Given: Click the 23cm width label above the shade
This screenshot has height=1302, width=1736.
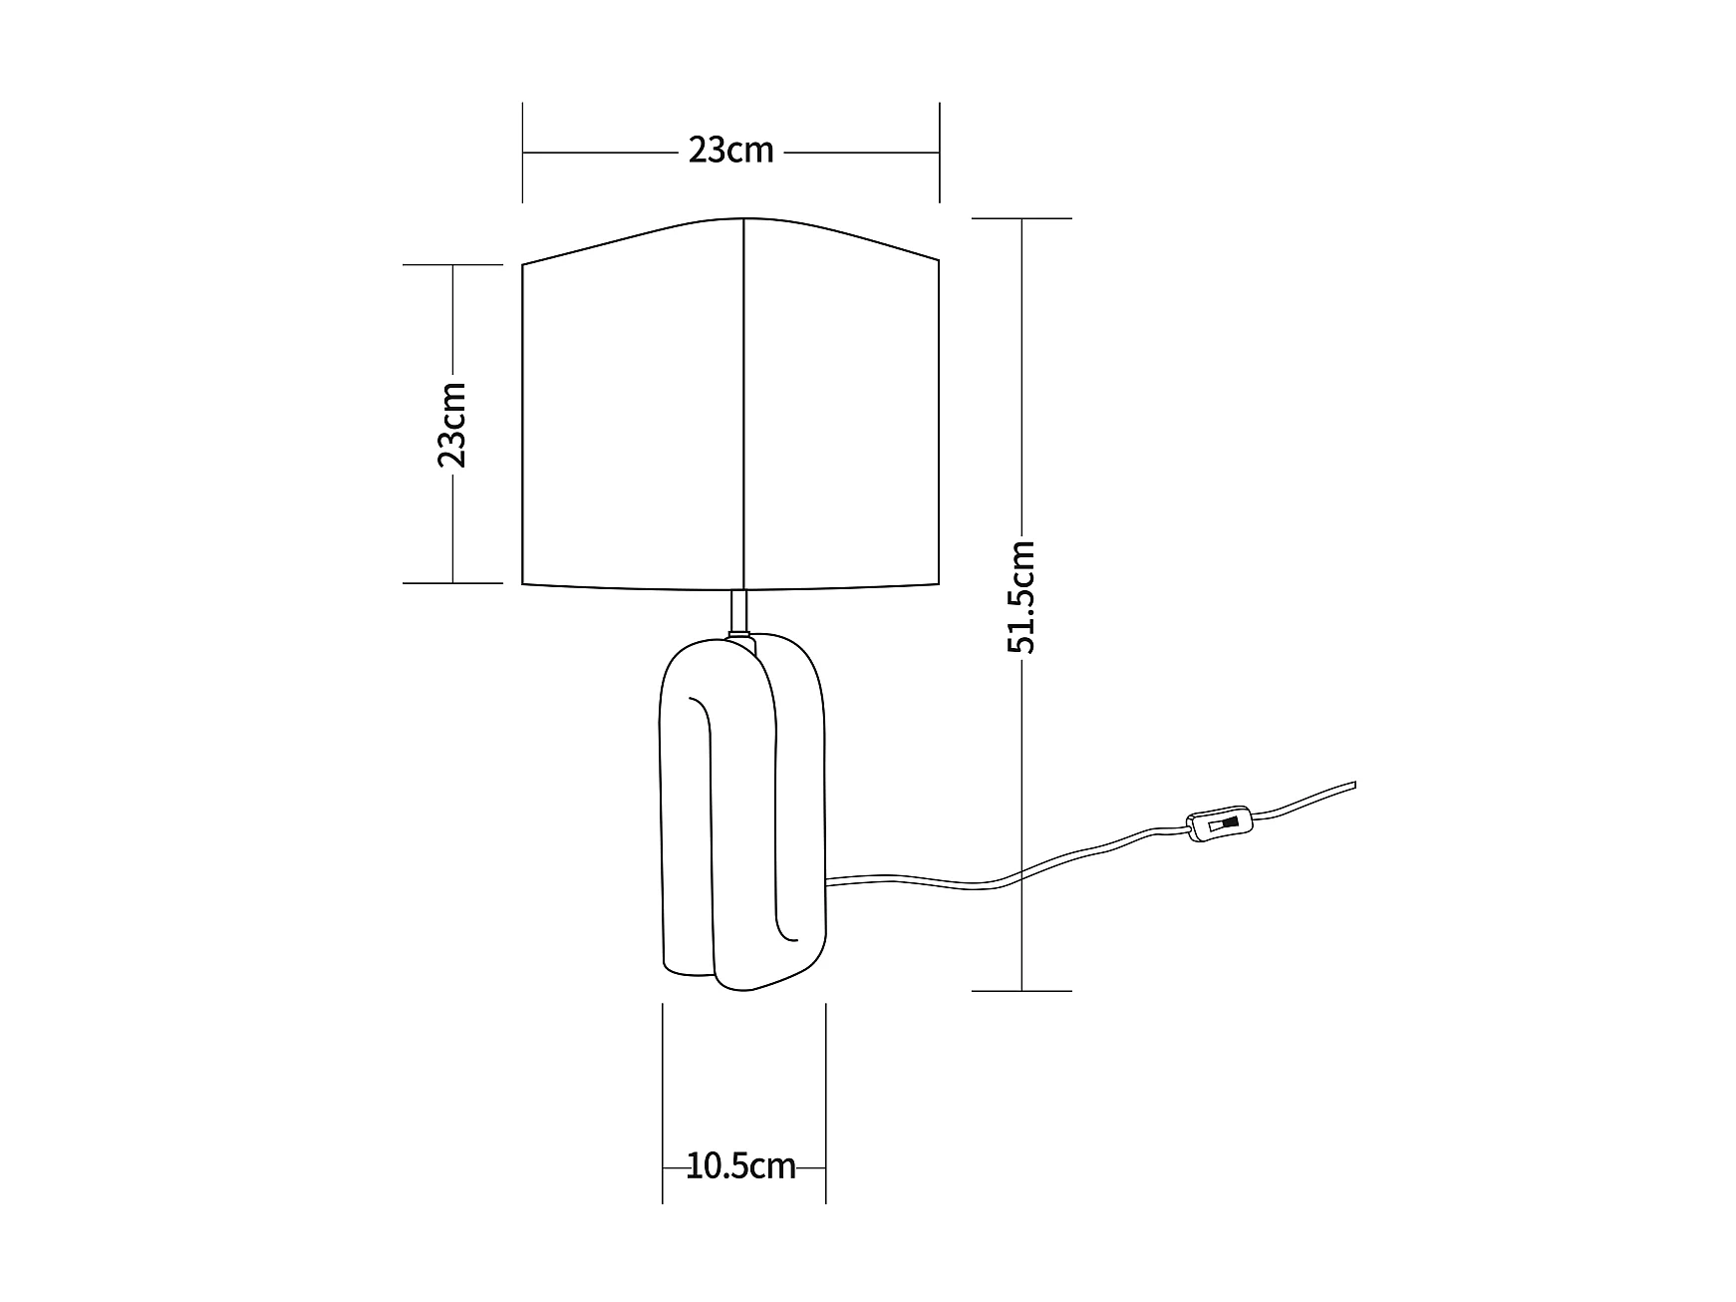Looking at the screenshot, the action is (x=730, y=151).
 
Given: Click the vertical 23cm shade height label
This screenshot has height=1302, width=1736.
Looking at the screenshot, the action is (x=451, y=424).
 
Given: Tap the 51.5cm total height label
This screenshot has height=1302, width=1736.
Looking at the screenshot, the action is (x=1021, y=597).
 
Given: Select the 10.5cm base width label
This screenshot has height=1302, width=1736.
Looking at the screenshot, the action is (x=741, y=1166).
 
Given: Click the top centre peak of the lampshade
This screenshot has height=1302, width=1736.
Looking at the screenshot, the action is (x=744, y=218).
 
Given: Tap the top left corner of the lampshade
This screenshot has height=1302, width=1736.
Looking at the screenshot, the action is (x=523, y=264).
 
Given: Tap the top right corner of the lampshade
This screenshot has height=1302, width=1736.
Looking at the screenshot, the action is (x=939, y=261).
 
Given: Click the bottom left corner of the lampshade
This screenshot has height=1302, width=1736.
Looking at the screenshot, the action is (x=523, y=582).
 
